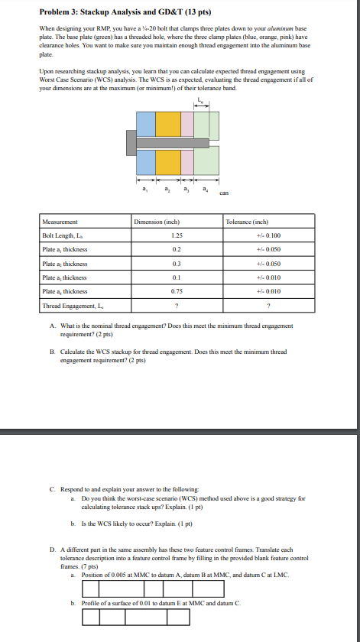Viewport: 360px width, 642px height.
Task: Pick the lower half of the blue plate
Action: pos(147,161)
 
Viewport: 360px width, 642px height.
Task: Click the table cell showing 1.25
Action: pos(177,236)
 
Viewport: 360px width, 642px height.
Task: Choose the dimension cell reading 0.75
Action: pos(177,291)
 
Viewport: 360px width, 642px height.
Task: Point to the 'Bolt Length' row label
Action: pos(60,236)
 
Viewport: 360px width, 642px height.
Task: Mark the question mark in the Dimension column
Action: pos(177,305)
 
